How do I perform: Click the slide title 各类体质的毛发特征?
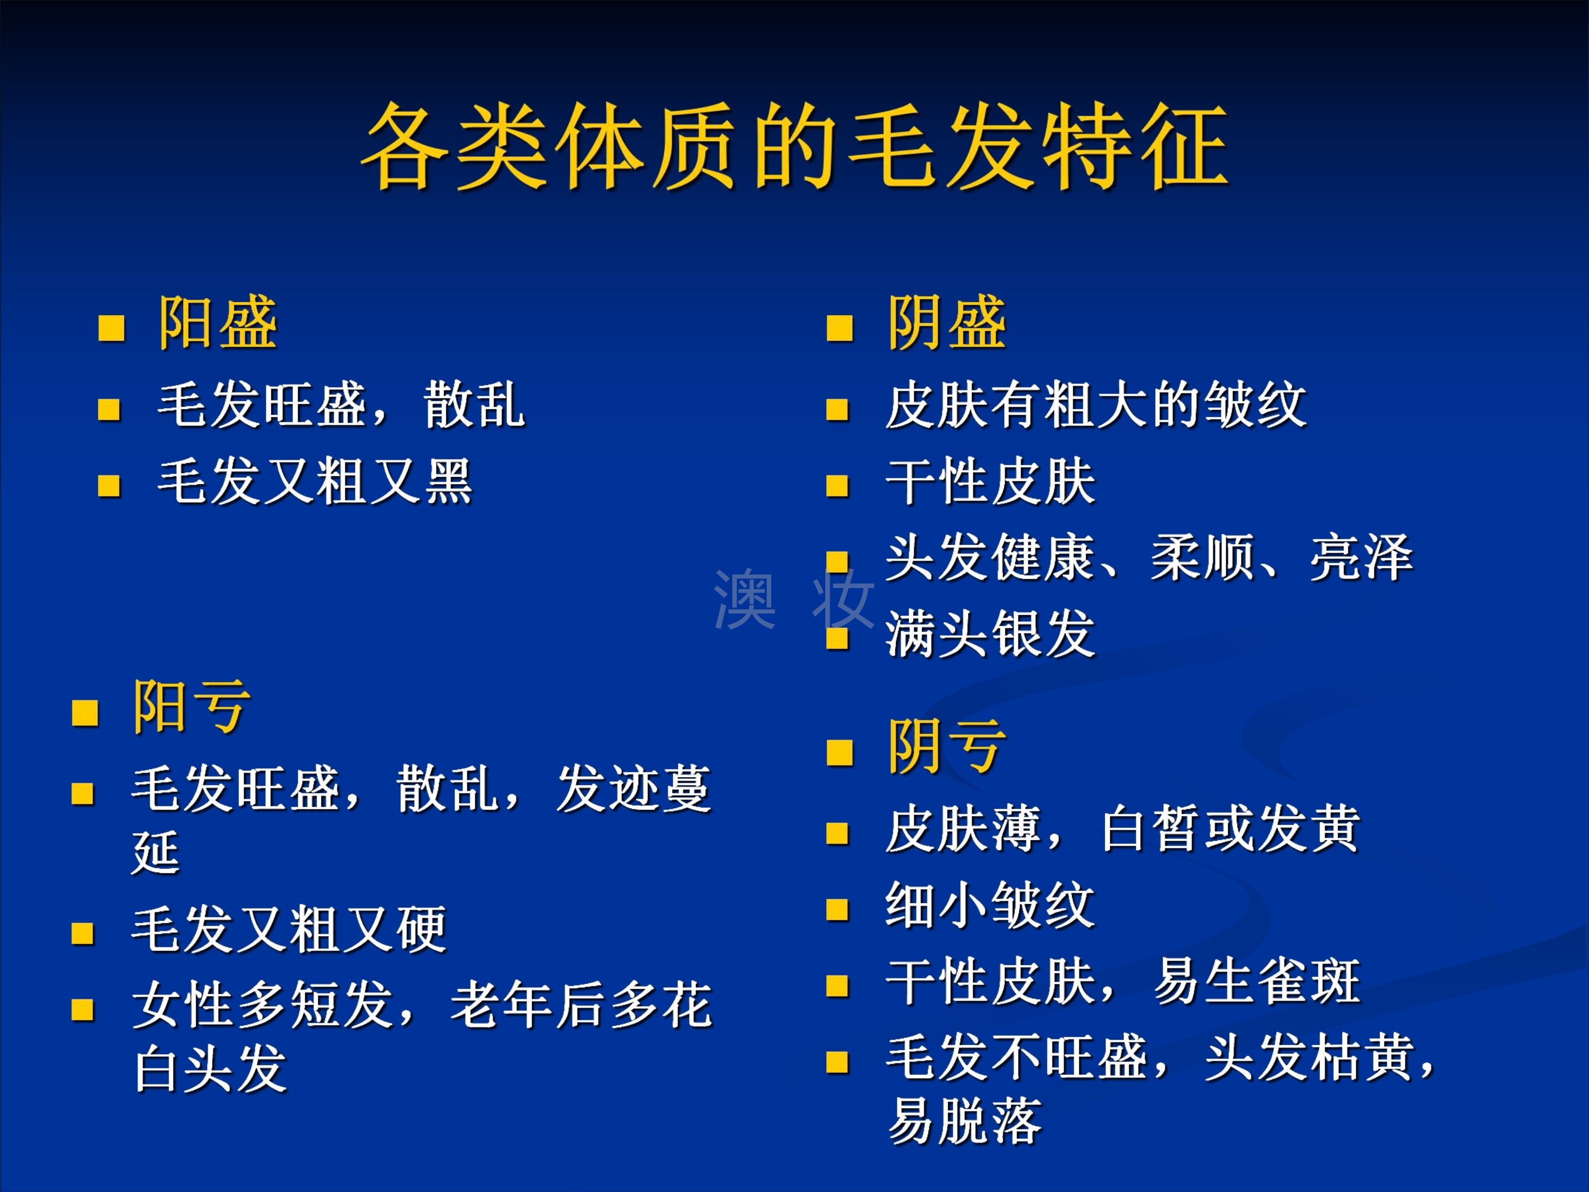click(794, 146)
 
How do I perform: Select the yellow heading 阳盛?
click(218, 323)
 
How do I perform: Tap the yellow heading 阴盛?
click(947, 323)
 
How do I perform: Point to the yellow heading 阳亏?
click(192, 707)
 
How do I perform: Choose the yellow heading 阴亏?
click(947, 746)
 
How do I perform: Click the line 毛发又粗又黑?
click(315, 482)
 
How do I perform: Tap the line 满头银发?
click(990, 634)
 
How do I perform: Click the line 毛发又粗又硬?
click(290, 929)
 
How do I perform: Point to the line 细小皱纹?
click(990, 905)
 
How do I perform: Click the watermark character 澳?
click(745, 599)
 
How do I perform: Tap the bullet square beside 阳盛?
click(111, 328)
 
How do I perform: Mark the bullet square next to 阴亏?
click(840, 753)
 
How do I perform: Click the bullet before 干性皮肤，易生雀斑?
click(837, 986)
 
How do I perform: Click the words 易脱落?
click(965, 1121)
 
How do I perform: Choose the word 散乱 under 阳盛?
click(475, 405)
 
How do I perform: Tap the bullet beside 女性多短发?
click(83, 1010)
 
